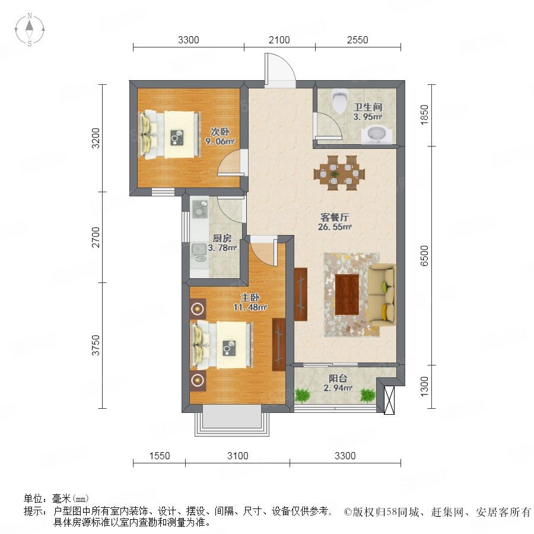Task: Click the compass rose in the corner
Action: tap(30, 30)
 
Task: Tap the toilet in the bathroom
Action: tap(339, 101)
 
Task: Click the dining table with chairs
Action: tap(339, 173)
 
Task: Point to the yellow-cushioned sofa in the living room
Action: tap(383, 294)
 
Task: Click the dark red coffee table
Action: tap(347, 294)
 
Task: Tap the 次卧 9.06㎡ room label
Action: tap(220, 136)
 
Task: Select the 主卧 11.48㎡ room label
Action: tap(250, 303)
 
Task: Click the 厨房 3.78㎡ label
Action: tap(223, 243)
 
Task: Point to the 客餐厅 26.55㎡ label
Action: tap(335, 222)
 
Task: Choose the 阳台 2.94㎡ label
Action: tap(338, 383)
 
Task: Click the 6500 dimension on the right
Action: tap(424, 255)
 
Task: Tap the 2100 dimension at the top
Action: tap(279, 40)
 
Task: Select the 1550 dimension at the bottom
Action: tap(160, 456)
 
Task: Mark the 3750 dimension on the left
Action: tap(96, 345)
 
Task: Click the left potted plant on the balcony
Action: tap(303, 396)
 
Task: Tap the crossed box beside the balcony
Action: tap(389, 400)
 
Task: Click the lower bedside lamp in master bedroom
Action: tap(198, 380)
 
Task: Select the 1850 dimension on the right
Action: tap(424, 115)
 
